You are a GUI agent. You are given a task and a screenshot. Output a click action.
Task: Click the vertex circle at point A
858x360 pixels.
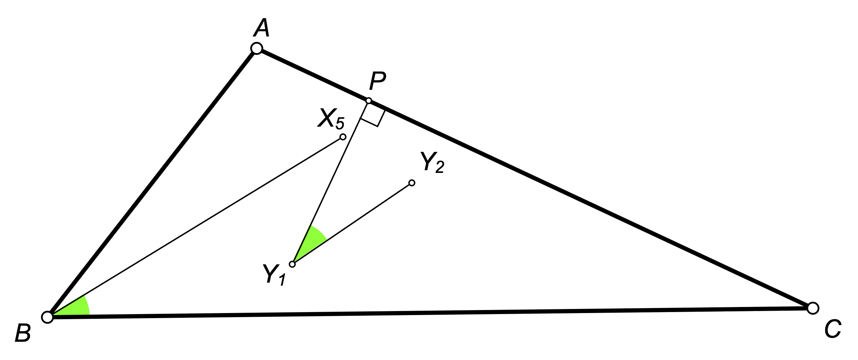click(257, 48)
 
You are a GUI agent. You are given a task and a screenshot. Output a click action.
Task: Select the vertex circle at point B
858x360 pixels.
click(47, 317)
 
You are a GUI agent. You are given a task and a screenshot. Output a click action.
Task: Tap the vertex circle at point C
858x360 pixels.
click(813, 308)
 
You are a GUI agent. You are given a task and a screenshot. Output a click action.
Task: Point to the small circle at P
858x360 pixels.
click(369, 101)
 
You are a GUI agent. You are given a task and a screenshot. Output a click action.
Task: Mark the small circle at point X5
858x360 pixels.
click(343, 137)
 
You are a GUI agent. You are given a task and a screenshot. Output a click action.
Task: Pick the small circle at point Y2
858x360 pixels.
click(412, 183)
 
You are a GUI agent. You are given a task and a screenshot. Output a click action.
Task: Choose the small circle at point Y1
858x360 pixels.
click(292, 264)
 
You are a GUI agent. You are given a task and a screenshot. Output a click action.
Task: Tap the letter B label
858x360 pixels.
click(23, 333)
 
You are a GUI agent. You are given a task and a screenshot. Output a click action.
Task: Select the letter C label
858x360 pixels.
click(833, 329)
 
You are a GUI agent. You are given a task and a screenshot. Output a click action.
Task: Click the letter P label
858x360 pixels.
click(377, 81)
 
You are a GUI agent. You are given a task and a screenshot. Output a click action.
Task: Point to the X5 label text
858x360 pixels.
click(331, 119)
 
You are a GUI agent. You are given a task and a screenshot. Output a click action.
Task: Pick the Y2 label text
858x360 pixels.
click(432, 162)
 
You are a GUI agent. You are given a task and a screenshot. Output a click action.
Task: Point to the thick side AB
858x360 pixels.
click(152, 183)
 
